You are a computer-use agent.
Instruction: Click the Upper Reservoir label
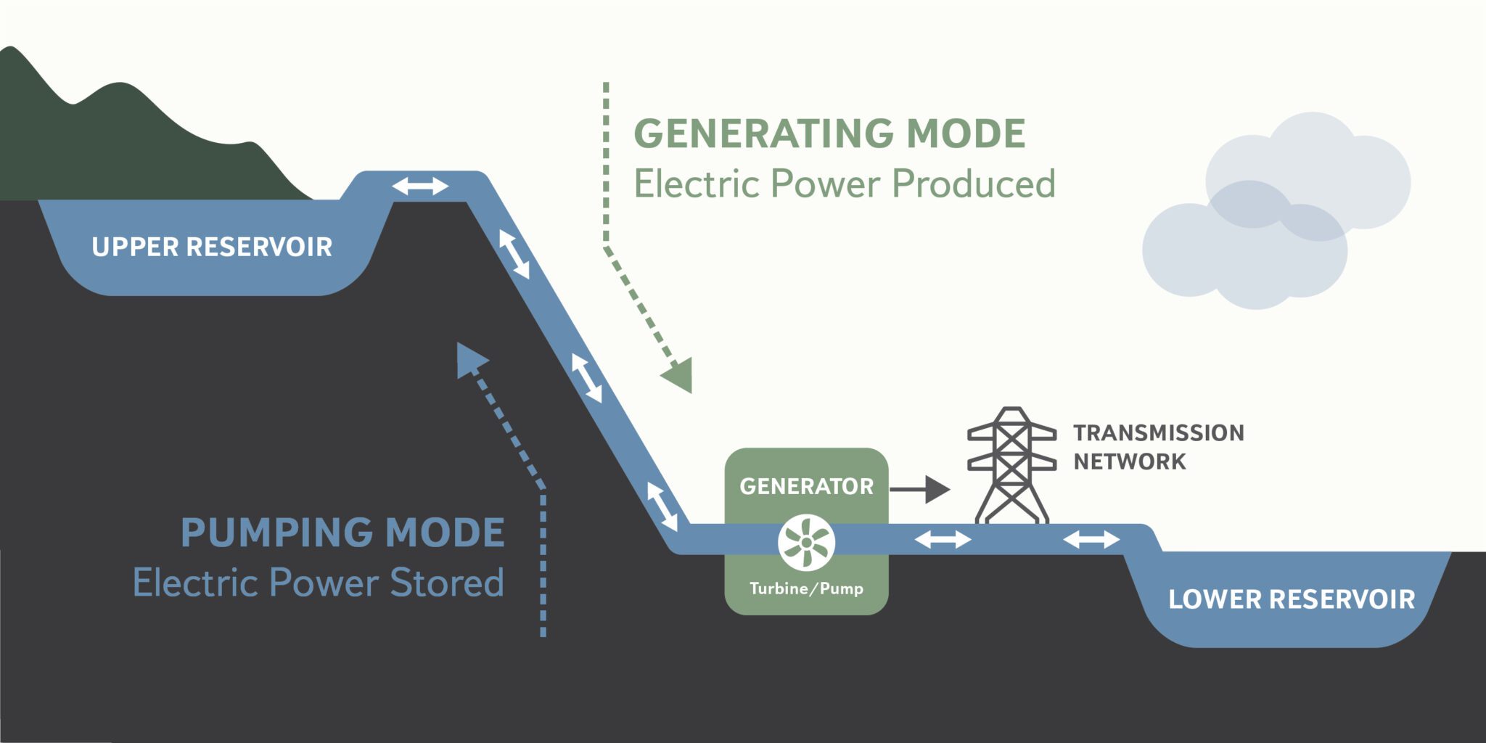tap(212, 247)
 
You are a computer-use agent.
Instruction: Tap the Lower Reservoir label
tap(1292, 600)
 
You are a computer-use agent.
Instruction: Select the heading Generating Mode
tap(829, 134)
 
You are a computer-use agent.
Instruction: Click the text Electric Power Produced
tap(845, 184)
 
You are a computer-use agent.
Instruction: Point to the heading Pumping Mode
tap(342, 533)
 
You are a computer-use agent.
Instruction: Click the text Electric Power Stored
tap(319, 583)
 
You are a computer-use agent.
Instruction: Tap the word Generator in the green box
tap(806, 486)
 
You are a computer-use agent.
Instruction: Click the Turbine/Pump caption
tap(806, 588)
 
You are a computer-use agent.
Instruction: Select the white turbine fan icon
tap(806, 542)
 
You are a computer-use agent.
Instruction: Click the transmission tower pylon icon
tap(1011, 464)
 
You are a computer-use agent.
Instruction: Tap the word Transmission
tap(1159, 433)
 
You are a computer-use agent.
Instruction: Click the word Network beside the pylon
tap(1130, 461)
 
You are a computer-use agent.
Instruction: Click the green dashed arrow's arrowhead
tap(679, 375)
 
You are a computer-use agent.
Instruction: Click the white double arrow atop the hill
tap(420, 186)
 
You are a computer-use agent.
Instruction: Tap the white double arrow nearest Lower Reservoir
tap(1091, 539)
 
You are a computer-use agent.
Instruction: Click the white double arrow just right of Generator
tap(943, 539)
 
